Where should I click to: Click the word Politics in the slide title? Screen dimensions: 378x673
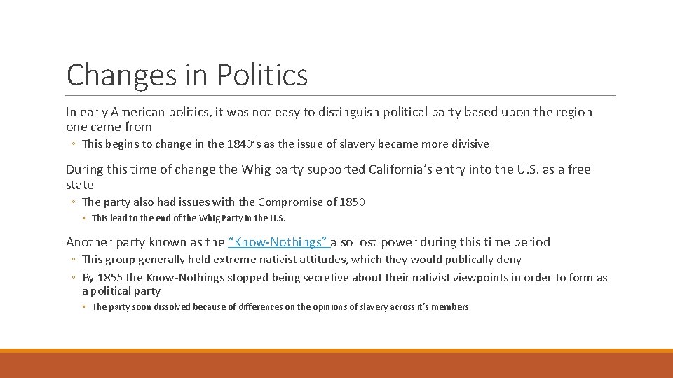point(262,74)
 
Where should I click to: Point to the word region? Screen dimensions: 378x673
point(570,112)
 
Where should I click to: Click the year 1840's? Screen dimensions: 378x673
point(245,144)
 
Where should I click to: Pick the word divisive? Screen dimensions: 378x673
point(468,144)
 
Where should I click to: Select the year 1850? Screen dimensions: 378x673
point(352,202)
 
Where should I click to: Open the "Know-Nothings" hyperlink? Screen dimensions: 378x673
point(278,242)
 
